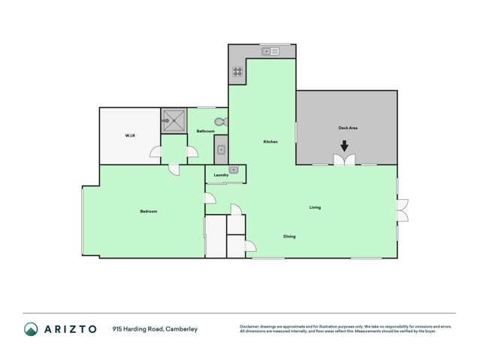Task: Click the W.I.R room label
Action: (x=129, y=135)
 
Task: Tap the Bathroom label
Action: (x=206, y=132)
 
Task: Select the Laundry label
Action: (x=221, y=175)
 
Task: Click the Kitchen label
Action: (x=270, y=142)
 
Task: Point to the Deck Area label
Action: (x=348, y=129)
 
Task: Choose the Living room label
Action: (x=315, y=207)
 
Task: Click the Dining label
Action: (x=289, y=237)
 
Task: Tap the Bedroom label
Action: (x=149, y=211)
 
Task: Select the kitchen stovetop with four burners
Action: (x=237, y=72)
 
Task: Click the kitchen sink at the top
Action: (x=270, y=51)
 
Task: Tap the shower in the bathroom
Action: (x=174, y=119)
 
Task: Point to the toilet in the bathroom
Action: (x=219, y=122)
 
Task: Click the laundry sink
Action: (x=234, y=170)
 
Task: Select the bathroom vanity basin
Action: (x=221, y=150)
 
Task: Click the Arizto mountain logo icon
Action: (x=31, y=329)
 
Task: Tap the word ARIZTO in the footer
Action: (x=71, y=329)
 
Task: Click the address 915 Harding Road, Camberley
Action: (x=155, y=329)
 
